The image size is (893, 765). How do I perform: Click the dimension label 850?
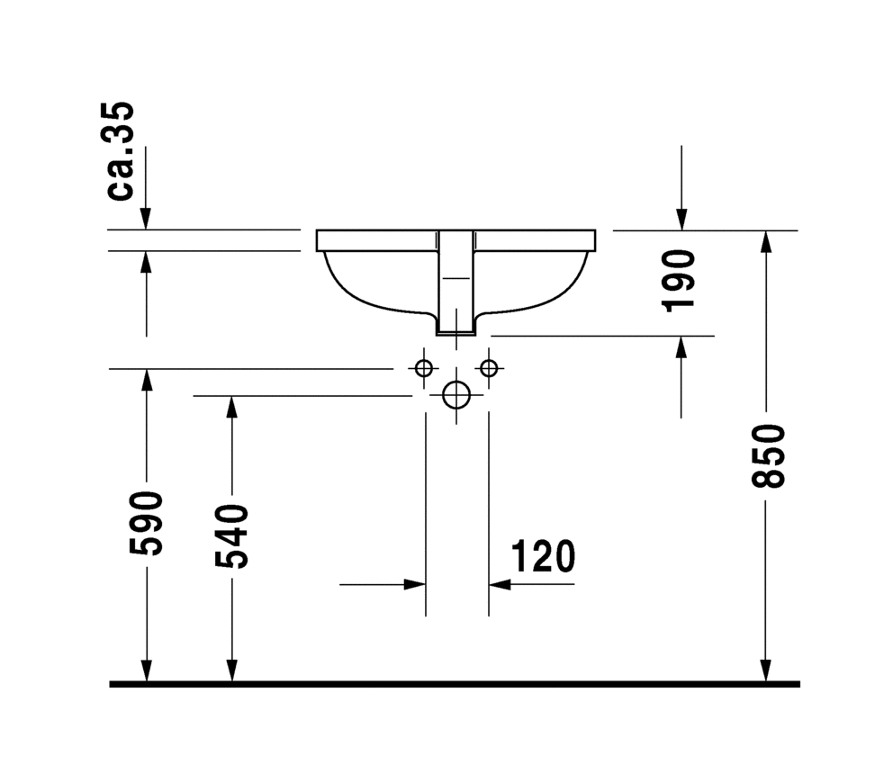point(768,455)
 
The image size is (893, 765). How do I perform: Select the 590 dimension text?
point(147,523)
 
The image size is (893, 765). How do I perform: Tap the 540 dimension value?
point(231,535)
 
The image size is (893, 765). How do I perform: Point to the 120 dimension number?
point(543,556)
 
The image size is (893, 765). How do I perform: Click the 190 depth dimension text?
point(678,281)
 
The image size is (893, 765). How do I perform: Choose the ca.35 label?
point(120,151)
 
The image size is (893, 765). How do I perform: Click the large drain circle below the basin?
point(456,395)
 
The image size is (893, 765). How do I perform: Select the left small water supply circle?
point(424,368)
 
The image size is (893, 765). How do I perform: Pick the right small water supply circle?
point(489,368)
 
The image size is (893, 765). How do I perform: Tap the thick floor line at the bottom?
point(455,684)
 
